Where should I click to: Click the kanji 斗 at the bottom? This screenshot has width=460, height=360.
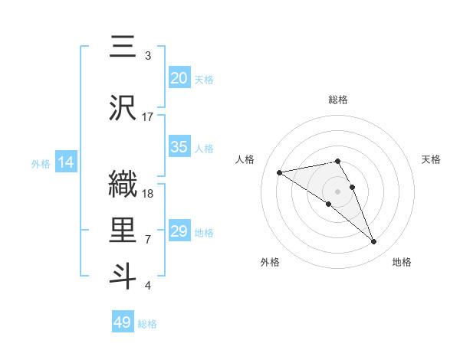point(123,277)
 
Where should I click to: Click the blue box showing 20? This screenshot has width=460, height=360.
point(179,78)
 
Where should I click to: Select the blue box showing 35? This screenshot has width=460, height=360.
point(179,147)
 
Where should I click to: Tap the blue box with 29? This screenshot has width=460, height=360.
point(179,231)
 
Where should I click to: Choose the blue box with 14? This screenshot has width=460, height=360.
point(65,162)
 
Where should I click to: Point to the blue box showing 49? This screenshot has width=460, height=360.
point(123,322)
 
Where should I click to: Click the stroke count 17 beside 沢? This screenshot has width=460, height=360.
point(148,116)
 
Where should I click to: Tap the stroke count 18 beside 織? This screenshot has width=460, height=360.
point(148,193)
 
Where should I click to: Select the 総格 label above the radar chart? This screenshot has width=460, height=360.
point(338,100)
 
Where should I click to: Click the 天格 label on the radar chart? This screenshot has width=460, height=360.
point(432,159)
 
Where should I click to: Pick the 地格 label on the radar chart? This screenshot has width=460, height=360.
point(402,262)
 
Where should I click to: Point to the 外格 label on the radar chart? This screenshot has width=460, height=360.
point(270,262)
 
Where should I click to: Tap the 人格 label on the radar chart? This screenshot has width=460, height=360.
point(245,159)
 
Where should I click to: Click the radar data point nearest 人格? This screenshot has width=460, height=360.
point(280,172)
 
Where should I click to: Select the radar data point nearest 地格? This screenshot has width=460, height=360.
point(374,242)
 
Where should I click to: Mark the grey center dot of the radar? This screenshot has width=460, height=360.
point(338,191)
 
